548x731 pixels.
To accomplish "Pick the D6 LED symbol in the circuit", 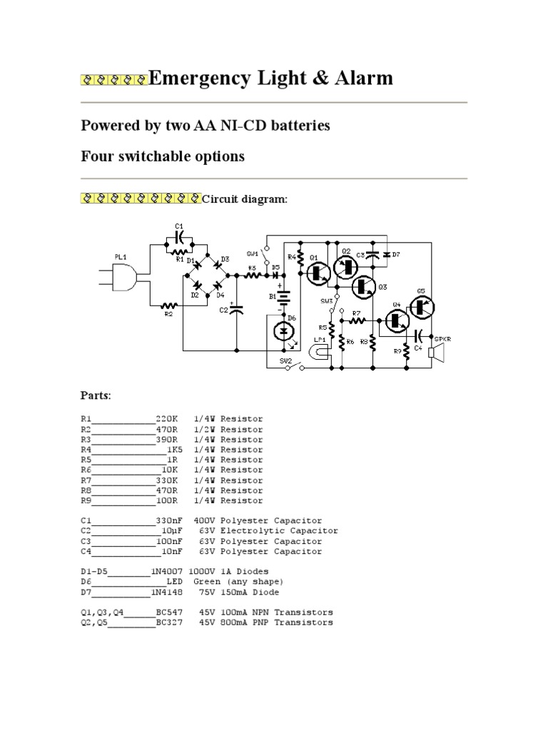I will [285, 331].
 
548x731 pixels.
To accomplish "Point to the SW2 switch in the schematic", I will [290, 368].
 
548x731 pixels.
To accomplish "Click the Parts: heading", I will [96, 395].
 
